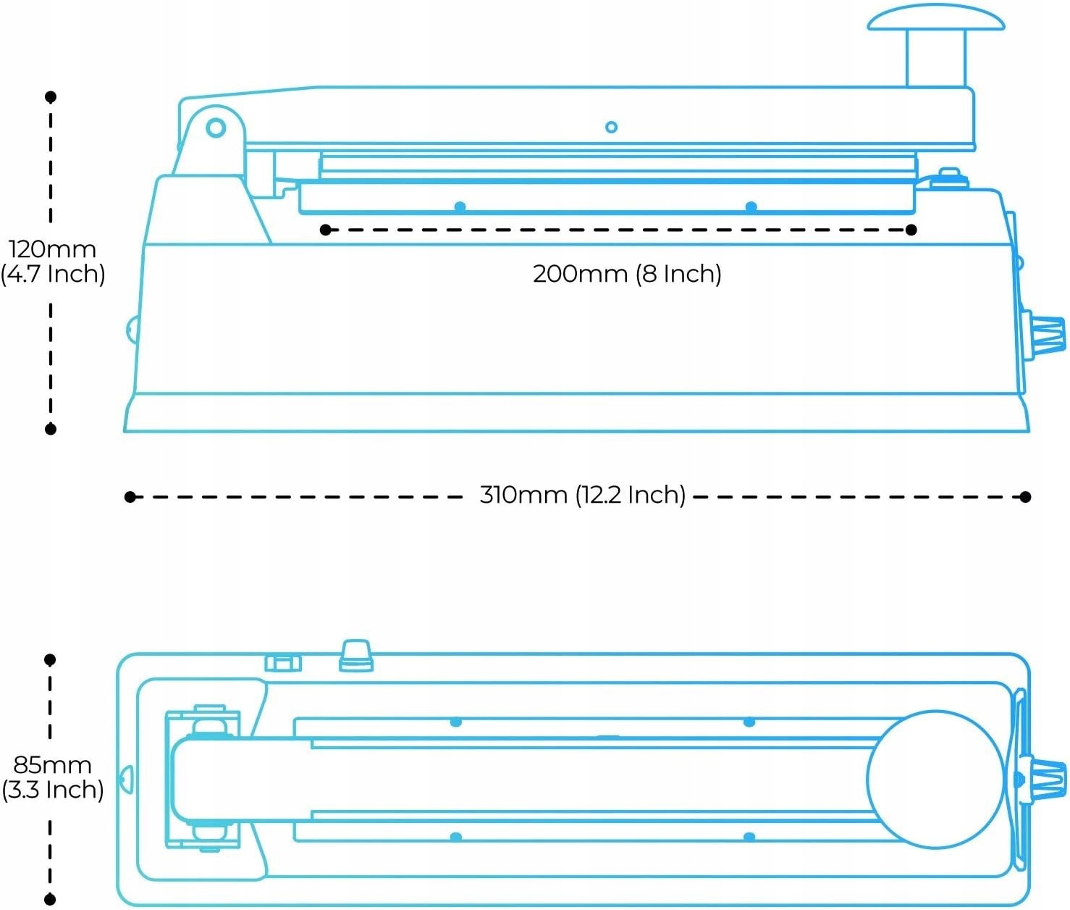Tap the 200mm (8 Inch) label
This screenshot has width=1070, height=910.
point(627,274)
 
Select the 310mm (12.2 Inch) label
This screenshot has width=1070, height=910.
point(582,495)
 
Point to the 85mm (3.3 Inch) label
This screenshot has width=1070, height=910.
point(52,777)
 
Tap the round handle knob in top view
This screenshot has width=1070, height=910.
point(935,779)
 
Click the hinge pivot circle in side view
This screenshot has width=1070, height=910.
point(216,128)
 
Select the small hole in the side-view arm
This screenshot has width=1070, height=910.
point(611,127)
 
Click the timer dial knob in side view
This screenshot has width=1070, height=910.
point(1047,335)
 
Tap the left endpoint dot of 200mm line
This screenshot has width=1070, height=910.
point(326,230)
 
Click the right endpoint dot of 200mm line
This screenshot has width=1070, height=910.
point(911,230)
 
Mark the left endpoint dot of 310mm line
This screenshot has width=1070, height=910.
point(130,496)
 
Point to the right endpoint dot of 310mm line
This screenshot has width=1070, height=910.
point(1025,496)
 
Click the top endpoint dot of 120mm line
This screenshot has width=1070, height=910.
point(51,96)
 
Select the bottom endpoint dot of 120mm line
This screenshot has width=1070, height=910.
point(51,429)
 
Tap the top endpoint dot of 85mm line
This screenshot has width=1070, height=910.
point(50,659)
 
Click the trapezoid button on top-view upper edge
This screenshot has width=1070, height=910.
point(356,655)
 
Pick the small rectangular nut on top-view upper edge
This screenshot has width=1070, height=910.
point(283,661)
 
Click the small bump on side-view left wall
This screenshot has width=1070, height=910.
point(131,330)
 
